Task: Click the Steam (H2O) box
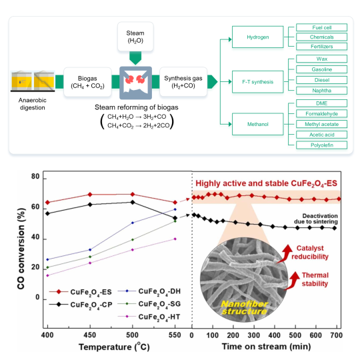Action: click(x=135, y=37)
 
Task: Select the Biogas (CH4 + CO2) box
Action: click(x=87, y=82)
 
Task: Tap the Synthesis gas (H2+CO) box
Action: click(x=183, y=82)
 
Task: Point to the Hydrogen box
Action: click(x=257, y=37)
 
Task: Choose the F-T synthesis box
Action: click(x=257, y=82)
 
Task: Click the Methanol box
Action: click(x=257, y=124)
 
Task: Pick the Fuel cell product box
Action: click(x=321, y=27)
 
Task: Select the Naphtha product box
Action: click(x=321, y=91)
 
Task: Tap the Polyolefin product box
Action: click(x=321, y=145)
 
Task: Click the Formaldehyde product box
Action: click(x=321, y=113)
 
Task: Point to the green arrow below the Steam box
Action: click(x=135, y=58)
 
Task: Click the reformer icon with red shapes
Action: click(x=135, y=83)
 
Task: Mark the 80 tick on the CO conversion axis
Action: click(x=35, y=177)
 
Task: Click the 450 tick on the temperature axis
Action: click(x=90, y=335)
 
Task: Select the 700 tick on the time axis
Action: click(x=337, y=335)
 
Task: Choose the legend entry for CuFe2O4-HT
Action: click(x=149, y=317)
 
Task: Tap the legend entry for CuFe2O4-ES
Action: click(x=81, y=292)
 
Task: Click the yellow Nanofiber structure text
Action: click(x=244, y=307)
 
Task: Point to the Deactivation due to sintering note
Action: click(x=316, y=219)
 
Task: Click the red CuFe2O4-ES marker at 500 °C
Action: click(x=133, y=194)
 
